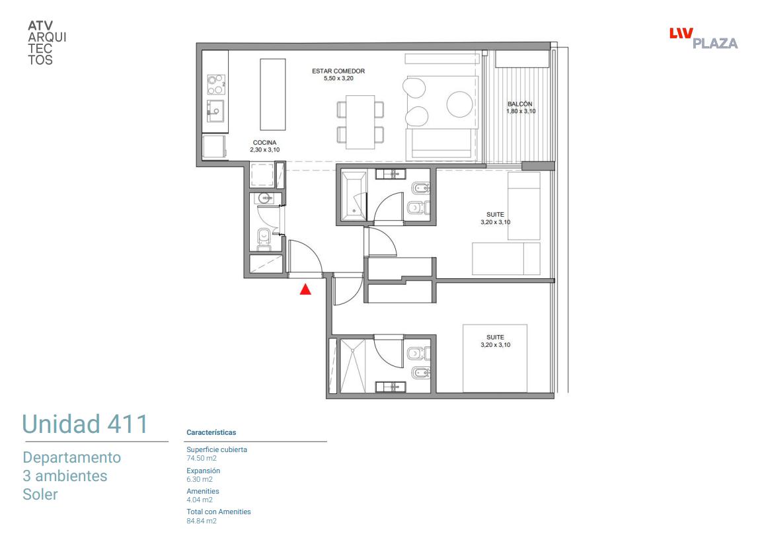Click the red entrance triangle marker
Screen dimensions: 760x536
click(305, 289)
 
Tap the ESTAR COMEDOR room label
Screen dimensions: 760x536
click(338, 71)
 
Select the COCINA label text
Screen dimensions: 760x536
click(264, 143)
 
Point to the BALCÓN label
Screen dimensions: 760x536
click(520, 104)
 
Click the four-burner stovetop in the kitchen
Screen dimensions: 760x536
click(216, 85)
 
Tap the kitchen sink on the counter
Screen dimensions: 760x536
click(215, 111)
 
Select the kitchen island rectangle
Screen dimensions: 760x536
click(273, 95)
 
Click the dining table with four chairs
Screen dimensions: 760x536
click(360, 122)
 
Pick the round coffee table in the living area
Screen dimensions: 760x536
click(459, 104)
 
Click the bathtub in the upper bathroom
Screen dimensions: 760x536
click(354, 196)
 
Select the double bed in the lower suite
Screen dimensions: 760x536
click(495, 358)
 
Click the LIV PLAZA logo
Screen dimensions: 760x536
click(703, 38)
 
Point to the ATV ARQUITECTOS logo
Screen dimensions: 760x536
click(47, 43)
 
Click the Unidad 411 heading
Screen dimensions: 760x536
click(85, 424)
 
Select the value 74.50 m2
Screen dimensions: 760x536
click(202, 459)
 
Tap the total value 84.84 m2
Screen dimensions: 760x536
click(202, 521)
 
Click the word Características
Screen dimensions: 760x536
click(211, 432)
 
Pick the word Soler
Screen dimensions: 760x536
click(40, 494)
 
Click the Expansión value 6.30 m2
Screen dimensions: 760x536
click(200, 479)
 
